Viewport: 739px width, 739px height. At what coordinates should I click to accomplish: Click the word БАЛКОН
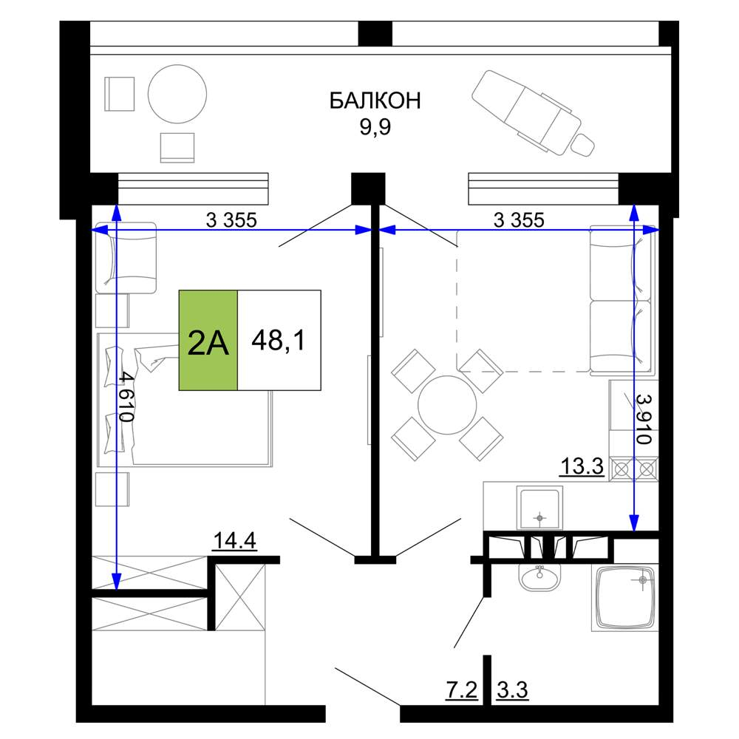coord(375,101)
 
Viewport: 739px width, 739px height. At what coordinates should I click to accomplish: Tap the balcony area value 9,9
coord(375,127)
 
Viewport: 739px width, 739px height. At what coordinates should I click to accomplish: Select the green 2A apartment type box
coord(208,340)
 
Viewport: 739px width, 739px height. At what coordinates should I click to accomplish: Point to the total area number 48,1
coord(279,340)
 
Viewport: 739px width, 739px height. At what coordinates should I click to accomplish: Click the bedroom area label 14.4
coord(235,541)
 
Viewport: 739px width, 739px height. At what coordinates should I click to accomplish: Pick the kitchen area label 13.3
coord(582,466)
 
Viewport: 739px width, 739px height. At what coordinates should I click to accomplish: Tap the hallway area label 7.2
coord(461,690)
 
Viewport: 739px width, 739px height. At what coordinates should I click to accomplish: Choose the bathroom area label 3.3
coord(512,690)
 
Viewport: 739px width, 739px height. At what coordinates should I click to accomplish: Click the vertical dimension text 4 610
coord(126,396)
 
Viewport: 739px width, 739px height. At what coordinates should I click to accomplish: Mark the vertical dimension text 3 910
coord(644,419)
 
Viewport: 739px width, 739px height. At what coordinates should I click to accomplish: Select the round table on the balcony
coord(177,94)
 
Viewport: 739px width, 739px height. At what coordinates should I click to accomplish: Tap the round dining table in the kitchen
coord(447,405)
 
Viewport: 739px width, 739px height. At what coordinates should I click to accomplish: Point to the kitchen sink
coord(539,508)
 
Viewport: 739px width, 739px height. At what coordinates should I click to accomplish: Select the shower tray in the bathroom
coord(625,598)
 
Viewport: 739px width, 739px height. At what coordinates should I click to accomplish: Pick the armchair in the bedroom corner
coord(126,258)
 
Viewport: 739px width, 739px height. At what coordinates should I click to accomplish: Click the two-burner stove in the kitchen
coord(634,469)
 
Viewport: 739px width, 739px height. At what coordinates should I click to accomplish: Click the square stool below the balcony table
coord(177,148)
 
